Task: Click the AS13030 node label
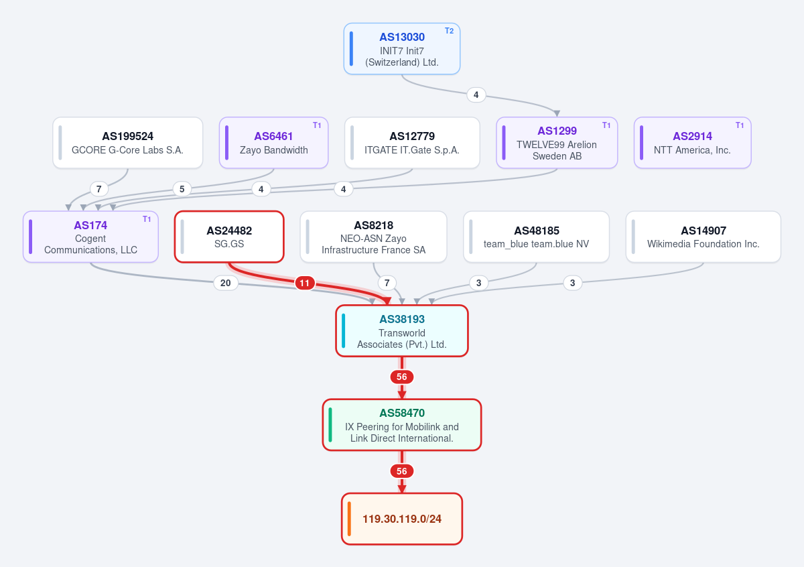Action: pos(401,37)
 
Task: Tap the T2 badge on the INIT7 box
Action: pos(449,31)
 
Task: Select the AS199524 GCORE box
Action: pos(128,143)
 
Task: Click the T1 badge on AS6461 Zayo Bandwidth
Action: pos(316,125)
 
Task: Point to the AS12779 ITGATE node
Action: pos(412,143)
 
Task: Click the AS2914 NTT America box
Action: pos(692,143)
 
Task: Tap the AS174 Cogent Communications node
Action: pos(91,237)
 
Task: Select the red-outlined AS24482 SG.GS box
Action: pos(229,237)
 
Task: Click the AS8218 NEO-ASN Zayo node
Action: pos(374,237)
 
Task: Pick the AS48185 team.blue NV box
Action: pos(536,237)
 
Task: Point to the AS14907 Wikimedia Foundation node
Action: pos(703,237)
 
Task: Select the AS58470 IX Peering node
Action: pos(401,425)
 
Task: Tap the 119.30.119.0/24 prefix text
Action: pos(401,519)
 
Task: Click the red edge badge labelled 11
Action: pos(305,283)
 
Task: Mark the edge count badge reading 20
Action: pos(225,283)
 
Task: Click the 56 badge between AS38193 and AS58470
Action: pos(401,377)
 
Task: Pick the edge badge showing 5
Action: pos(182,189)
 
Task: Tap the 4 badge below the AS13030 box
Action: pos(476,94)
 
